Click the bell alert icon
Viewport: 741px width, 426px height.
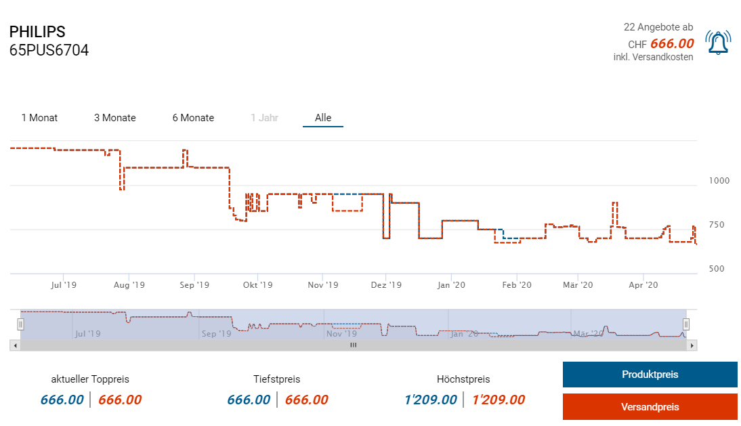coord(717,43)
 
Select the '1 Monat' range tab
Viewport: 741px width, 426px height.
coord(39,118)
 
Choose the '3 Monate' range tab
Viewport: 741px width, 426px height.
coord(115,118)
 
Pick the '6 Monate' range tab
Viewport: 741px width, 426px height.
coord(193,118)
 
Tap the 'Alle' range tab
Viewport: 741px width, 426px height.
coord(323,118)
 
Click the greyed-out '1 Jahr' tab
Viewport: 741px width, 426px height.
coord(264,118)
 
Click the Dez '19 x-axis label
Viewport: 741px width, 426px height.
coord(387,285)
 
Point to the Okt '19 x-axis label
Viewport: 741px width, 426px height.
coord(257,285)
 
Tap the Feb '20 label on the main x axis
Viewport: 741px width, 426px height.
coord(517,285)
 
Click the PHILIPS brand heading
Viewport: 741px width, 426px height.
coord(37,32)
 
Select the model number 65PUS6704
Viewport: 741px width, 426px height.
coord(49,50)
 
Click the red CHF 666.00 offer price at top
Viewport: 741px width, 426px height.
coord(672,44)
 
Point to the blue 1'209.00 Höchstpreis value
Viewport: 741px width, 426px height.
coord(431,400)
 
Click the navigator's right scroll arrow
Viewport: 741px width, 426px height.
coord(692,345)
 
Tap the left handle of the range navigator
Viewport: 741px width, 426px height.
coord(21,324)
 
